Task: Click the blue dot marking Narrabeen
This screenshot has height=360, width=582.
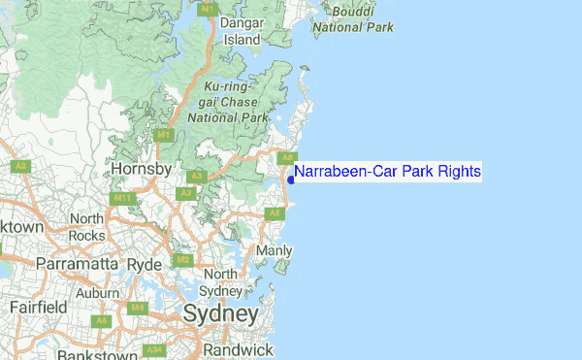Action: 291,179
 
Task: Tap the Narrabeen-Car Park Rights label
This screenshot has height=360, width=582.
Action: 388,172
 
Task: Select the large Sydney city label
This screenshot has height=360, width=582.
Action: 221,314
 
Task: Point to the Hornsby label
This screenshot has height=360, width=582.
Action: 142,169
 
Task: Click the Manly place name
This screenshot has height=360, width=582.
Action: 274,251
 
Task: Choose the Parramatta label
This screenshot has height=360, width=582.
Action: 76,263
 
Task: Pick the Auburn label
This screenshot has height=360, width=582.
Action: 97,292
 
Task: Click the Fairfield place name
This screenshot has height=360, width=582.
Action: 38,308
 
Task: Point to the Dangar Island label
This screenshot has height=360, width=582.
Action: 242,31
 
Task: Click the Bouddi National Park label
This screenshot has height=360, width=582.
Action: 352,19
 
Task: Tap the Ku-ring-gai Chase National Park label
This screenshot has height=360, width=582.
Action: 227,102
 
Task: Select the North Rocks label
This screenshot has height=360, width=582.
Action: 86,227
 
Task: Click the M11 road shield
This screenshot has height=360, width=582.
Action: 122,198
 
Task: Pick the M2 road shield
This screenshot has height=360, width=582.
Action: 182,260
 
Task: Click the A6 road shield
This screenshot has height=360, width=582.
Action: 102,319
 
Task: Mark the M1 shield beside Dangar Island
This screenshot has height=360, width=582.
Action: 207,8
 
